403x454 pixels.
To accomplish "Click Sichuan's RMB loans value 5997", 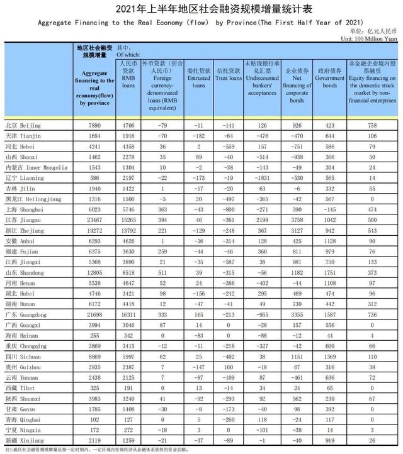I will tap(129, 357).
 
